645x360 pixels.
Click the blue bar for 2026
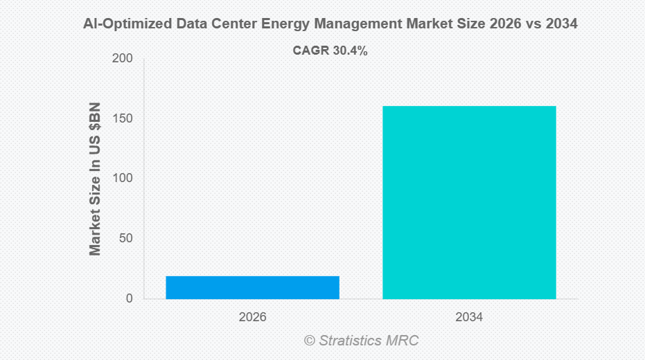pyautogui.click(x=252, y=287)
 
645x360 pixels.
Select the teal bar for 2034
pyautogui.click(x=469, y=202)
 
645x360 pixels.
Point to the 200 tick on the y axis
pyautogui.click(x=123, y=59)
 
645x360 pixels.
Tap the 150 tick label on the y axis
pyautogui.click(x=123, y=119)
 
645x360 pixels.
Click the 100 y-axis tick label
pyautogui.click(x=123, y=179)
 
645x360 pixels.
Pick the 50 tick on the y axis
pyautogui.click(x=126, y=239)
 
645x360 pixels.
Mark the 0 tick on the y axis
pyautogui.click(x=130, y=299)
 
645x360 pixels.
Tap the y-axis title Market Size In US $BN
pyautogui.click(x=96, y=179)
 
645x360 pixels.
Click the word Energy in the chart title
pyautogui.click(x=289, y=24)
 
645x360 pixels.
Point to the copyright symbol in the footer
pyautogui.click(x=309, y=341)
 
